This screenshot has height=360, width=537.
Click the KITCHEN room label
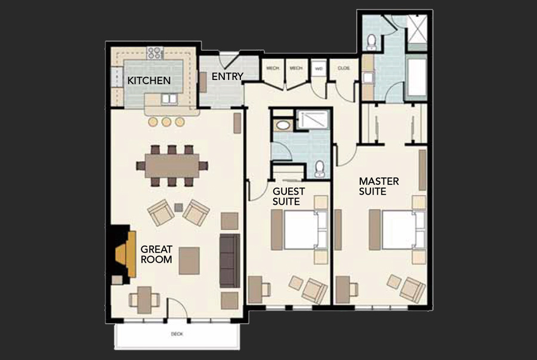coord(149,80)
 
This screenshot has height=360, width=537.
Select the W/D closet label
coord(319,67)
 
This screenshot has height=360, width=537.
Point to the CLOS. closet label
coord(344,67)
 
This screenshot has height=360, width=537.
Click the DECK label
coord(177,334)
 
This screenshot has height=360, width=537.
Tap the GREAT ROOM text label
coord(156,254)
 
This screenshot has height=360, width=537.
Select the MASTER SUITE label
coord(378,186)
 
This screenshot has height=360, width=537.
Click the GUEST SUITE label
coord(289,196)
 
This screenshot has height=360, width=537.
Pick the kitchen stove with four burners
coord(155,53)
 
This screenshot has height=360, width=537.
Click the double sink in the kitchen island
coord(169,99)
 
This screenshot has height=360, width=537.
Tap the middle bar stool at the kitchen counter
coord(166,122)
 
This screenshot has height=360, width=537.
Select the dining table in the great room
coord(171,165)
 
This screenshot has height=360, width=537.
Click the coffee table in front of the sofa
coord(190,260)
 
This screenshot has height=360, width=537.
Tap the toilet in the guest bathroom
coord(320,168)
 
